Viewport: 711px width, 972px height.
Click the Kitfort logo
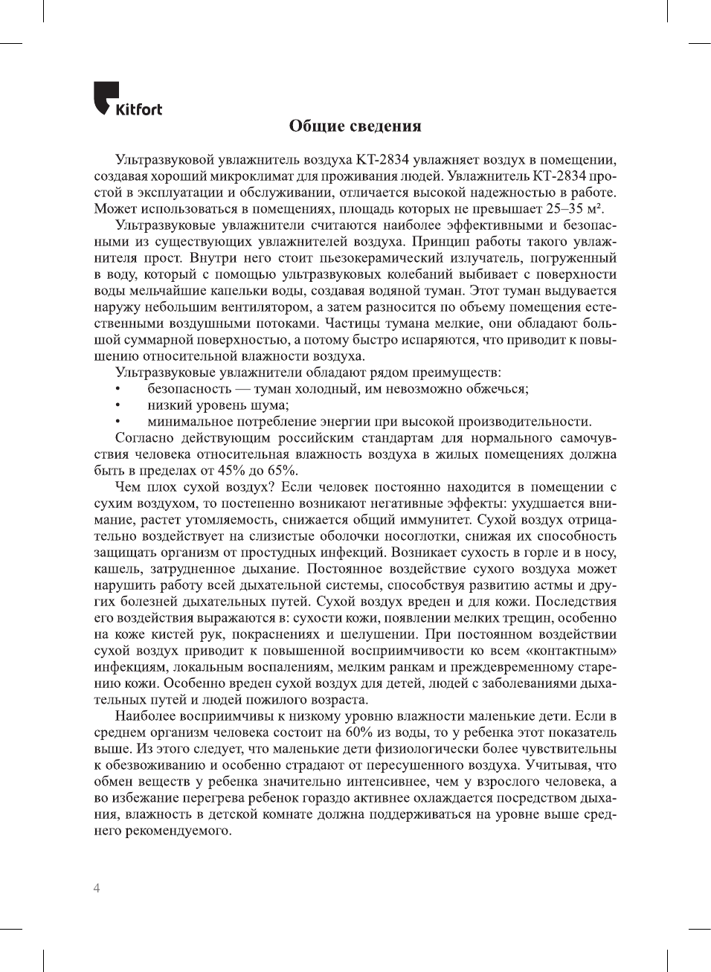(x=128, y=100)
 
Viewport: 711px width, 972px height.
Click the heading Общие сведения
(x=355, y=126)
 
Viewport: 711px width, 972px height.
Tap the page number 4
(x=97, y=888)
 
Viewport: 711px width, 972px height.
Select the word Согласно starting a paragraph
(x=146, y=438)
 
